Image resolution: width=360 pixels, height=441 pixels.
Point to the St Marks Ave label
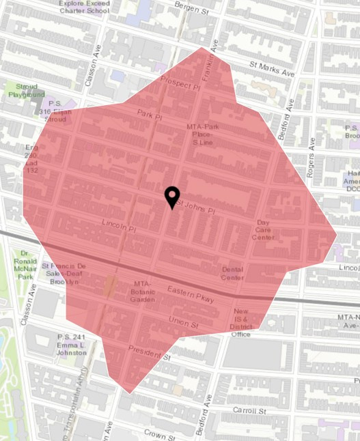[271, 69]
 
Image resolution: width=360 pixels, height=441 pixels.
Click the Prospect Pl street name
[180, 84]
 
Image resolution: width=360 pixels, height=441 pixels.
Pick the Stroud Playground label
[26, 91]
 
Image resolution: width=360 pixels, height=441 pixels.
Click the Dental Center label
[232, 273]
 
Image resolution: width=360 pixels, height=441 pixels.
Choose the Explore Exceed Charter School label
[84, 6]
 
